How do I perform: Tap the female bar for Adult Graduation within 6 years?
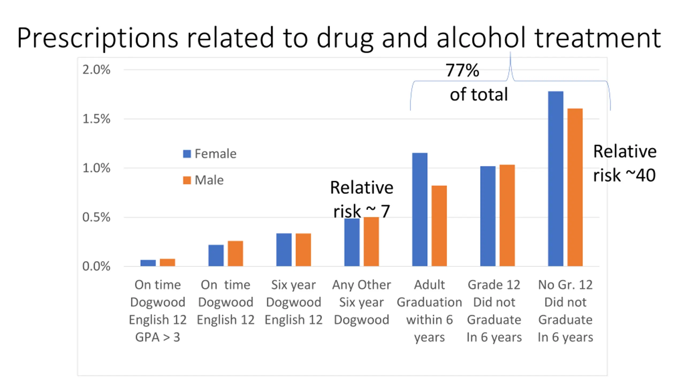tap(420, 209)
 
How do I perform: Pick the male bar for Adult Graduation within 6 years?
tap(439, 226)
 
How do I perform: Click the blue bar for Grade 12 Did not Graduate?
tap(488, 216)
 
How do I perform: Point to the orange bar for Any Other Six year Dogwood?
tap(371, 242)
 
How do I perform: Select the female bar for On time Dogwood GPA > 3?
tap(148, 263)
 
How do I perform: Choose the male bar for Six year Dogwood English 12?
tap(303, 250)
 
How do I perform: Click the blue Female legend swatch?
tap(187, 154)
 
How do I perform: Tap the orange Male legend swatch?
tap(187, 180)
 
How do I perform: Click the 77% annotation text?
tap(462, 70)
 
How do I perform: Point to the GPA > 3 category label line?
tap(158, 337)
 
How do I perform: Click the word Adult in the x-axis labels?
tap(429, 285)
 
